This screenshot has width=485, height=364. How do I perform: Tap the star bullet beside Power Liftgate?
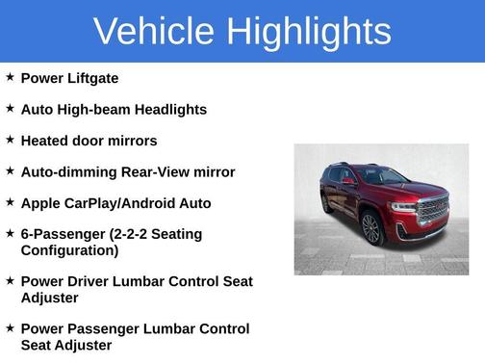coord(10,77)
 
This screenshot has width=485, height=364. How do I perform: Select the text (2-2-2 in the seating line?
coord(133,235)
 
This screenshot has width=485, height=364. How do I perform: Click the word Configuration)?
coord(69,250)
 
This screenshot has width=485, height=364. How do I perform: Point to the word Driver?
coord(89,281)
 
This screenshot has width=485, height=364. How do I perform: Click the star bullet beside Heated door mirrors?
coord(10,140)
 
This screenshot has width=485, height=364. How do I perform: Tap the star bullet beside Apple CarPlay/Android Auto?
coord(10,202)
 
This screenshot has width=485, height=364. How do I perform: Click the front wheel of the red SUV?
coord(370,228)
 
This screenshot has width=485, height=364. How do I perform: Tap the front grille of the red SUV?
coord(432,207)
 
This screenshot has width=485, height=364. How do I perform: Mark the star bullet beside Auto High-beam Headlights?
coord(10,109)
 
